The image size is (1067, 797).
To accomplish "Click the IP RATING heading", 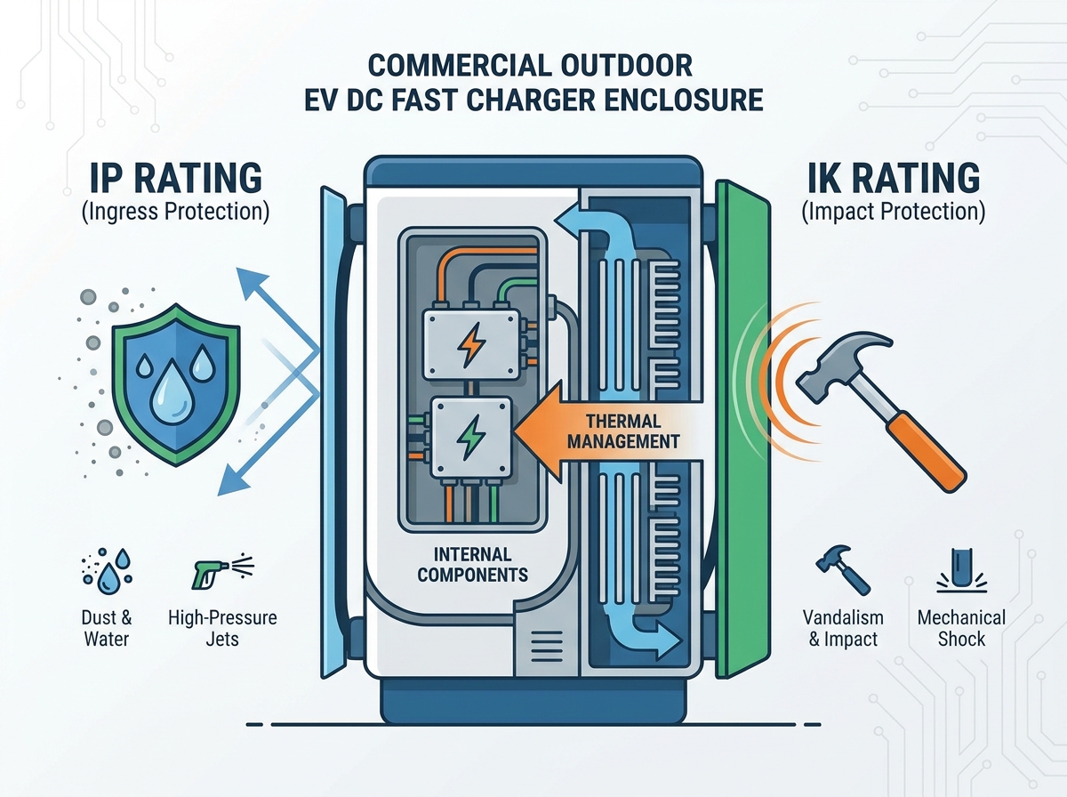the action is [x=175, y=178].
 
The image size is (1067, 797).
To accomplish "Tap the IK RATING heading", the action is [x=894, y=178].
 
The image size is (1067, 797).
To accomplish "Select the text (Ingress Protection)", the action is [x=175, y=212].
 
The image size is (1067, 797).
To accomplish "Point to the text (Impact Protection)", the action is [x=894, y=212].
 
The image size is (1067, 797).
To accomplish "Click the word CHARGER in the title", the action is [x=530, y=100].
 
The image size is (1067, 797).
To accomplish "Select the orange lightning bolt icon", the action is [x=471, y=344].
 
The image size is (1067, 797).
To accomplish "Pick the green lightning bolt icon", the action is [x=470, y=437].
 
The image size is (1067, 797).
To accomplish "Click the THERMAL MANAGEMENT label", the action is [x=623, y=431].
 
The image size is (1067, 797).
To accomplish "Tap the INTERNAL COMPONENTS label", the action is [x=472, y=565].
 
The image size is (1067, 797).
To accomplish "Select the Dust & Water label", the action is [x=107, y=628].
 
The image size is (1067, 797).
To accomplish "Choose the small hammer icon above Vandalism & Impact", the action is [x=842, y=570].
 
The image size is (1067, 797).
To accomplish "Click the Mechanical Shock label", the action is [x=961, y=628].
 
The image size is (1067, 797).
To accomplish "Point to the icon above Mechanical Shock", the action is [x=961, y=571].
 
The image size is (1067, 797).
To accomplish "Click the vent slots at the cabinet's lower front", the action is [x=547, y=647].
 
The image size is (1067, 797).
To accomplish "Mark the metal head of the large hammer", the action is [x=845, y=362].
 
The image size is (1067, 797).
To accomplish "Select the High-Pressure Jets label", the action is [x=222, y=628].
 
